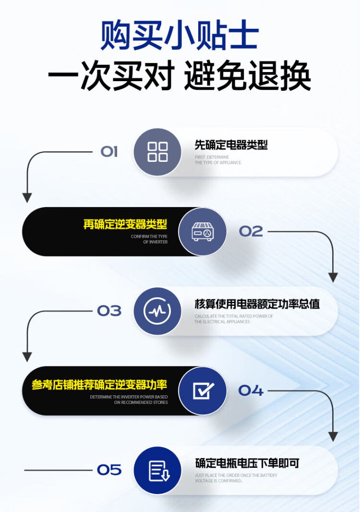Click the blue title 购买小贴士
tap(180, 35)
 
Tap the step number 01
tap(109, 152)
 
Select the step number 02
tap(251, 232)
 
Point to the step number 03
tap(109, 311)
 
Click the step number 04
tap(251, 390)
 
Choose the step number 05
tap(109, 470)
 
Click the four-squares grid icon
tap(157, 152)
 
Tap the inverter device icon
tap(203, 232)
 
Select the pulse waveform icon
tap(157, 311)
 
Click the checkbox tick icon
tap(204, 390)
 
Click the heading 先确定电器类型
tap(231, 145)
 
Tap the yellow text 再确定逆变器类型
tap(125, 224)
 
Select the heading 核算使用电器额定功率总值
tap(257, 304)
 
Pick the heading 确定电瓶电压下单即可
tap(247, 463)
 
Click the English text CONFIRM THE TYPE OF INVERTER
tap(149, 239)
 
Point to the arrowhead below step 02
tap(333, 278)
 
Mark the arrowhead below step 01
tap(27, 198)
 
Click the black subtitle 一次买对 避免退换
tap(180, 76)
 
